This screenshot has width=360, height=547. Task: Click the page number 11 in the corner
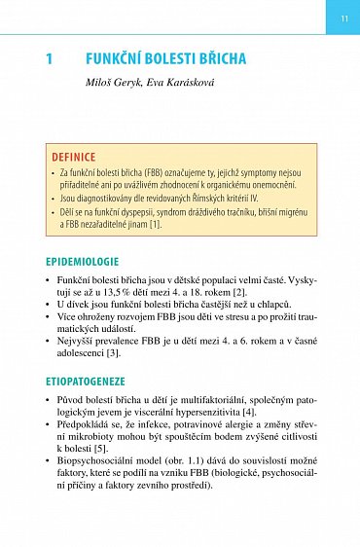(x=343, y=18)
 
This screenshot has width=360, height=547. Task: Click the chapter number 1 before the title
(x=50, y=59)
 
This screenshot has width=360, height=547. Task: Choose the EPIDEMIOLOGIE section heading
(x=83, y=262)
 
